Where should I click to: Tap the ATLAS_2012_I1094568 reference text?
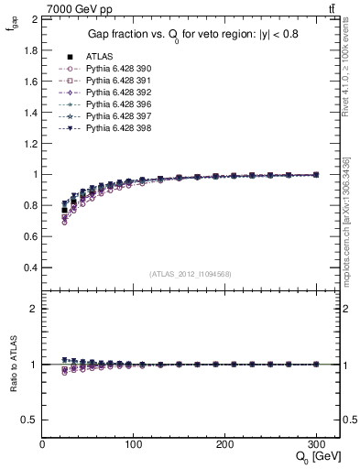[191, 274]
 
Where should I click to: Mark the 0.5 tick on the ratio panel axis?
[30, 420]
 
